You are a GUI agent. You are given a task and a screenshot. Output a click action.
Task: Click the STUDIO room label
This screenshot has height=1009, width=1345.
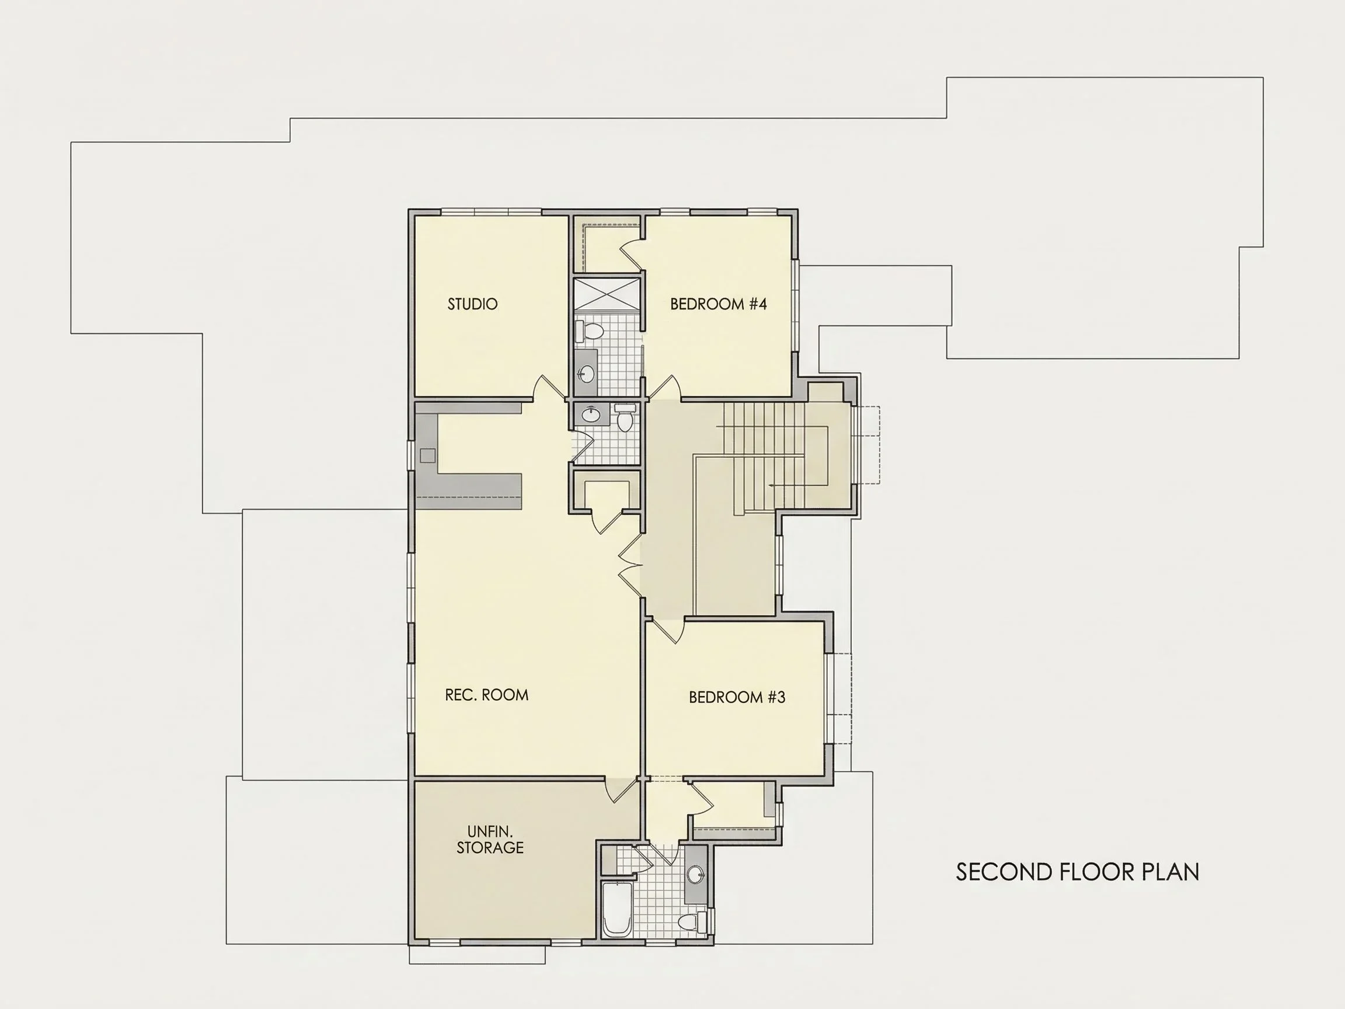tap(472, 304)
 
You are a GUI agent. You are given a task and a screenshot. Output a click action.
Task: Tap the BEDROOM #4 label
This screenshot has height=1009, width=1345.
tap(718, 304)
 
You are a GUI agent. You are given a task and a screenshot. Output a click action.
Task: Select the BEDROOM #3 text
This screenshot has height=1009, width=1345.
tap(737, 697)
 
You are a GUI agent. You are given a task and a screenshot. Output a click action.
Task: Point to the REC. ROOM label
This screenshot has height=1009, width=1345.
tap(486, 694)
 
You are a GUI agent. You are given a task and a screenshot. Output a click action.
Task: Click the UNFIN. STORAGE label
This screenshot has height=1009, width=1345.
tap(490, 839)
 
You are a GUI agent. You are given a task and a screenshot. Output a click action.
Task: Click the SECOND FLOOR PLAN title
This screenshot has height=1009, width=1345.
tap(1078, 872)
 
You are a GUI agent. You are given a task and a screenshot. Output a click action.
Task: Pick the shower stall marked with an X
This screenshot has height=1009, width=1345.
tap(608, 295)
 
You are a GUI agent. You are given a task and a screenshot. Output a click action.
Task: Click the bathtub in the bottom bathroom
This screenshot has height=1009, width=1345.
tap(617, 910)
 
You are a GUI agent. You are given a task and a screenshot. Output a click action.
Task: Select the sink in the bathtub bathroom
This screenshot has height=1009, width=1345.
tap(695, 875)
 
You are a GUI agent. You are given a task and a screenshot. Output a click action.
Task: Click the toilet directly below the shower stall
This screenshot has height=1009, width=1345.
tap(590, 332)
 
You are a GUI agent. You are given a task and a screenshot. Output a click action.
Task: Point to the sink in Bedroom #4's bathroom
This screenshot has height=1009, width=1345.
tap(586, 372)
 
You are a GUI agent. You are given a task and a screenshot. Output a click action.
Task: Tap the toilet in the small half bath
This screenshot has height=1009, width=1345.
tap(625, 419)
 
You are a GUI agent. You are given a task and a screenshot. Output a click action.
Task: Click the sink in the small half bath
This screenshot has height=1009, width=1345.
tap(591, 415)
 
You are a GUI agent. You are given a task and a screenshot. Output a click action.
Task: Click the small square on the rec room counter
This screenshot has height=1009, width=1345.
tap(427, 455)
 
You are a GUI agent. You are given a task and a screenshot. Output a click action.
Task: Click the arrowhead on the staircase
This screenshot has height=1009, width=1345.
tap(771, 485)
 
